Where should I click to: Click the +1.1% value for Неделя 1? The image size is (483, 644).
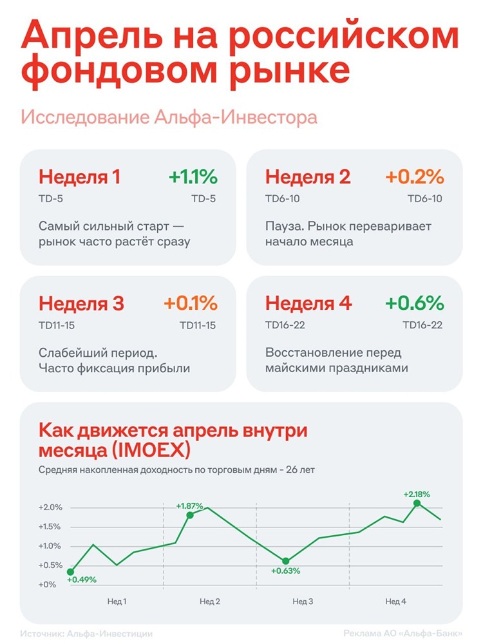(193, 176)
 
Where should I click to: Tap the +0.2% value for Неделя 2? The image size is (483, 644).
(415, 176)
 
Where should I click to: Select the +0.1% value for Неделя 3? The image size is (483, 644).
(191, 303)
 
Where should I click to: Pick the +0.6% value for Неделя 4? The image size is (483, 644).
(415, 303)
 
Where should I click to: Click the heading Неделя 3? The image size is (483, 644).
(82, 303)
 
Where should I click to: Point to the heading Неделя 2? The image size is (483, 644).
(308, 176)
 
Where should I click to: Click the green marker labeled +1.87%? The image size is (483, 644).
(190, 515)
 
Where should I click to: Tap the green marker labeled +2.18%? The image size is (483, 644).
(417, 503)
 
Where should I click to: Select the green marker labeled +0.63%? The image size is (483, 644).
(286, 561)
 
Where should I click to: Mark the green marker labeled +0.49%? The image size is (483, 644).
(70, 572)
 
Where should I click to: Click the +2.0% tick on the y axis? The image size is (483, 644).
(50, 507)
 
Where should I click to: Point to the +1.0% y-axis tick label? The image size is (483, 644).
(50, 546)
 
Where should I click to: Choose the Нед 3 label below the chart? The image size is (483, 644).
(303, 601)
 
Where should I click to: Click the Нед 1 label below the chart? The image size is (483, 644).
(116, 601)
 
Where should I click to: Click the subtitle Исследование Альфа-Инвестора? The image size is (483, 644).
(169, 118)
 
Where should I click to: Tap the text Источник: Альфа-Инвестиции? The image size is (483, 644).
(86, 633)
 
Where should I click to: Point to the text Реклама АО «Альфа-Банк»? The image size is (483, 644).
(402, 633)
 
